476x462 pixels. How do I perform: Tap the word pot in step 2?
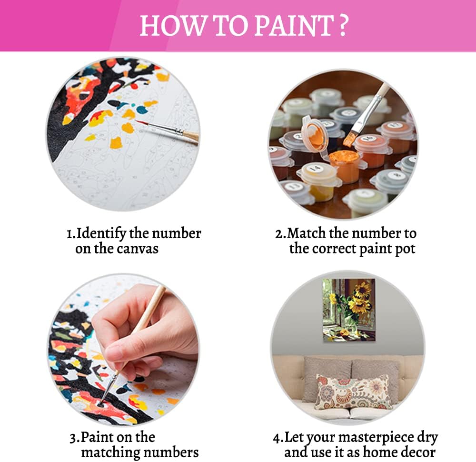coord(405,249)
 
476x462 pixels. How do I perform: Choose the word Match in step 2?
coord(305,234)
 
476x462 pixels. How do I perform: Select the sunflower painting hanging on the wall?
coord(349,310)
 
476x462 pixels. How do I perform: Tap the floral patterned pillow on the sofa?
coord(352,392)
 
